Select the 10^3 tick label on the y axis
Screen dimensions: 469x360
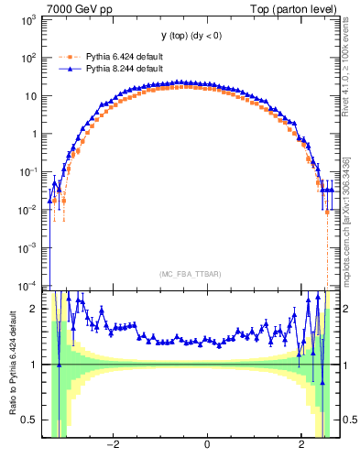tap(27, 19)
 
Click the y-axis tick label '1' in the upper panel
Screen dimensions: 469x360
tap(35, 134)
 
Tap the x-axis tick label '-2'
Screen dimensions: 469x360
tap(112, 446)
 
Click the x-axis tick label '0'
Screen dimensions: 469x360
tap(207, 446)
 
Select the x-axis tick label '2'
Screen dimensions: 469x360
tap(302, 446)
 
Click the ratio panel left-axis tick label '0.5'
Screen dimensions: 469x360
tap(30, 420)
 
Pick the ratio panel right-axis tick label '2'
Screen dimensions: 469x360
tap(344, 310)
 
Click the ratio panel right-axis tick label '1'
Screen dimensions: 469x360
tap(344, 365)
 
